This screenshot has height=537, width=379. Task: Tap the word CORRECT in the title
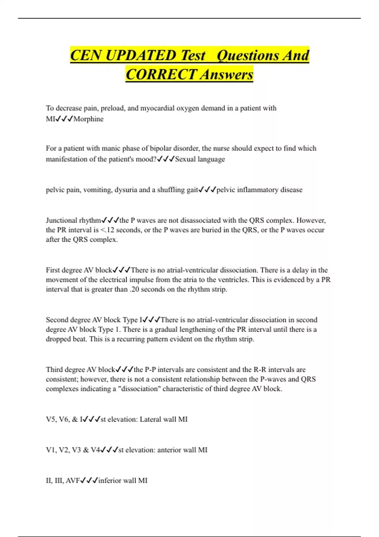click(161, 75)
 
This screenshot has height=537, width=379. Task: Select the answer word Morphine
click(88, 119)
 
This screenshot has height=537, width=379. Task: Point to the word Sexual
click(185, 159)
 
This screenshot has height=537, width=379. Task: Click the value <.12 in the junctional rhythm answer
click(107, 230)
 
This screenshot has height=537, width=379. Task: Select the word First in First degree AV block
click(52, 270)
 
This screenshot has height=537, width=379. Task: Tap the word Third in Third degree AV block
click(54, 370)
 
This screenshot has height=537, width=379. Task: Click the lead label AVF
click(73, 481)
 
